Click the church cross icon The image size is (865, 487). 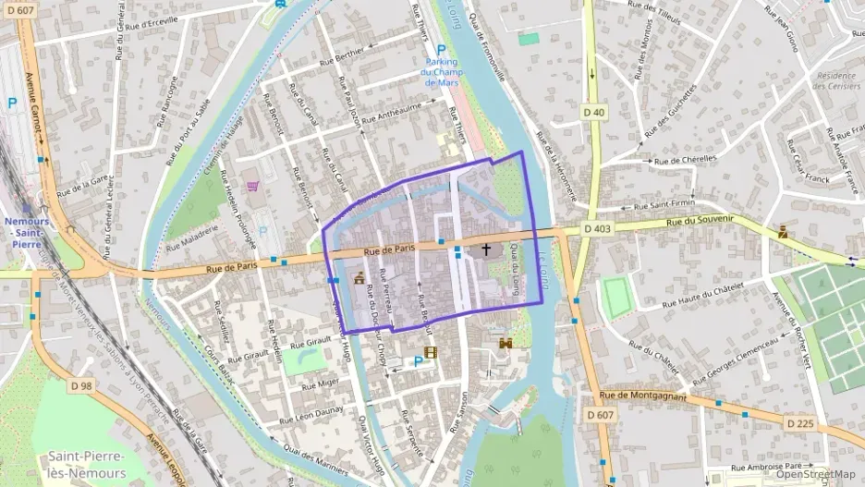[x=486, y=250]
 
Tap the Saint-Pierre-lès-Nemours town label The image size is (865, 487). [x=89, y=463]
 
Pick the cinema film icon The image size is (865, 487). [x=430, y=351]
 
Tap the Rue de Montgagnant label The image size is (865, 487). [x=643, y=396]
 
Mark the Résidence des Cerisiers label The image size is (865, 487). [x=835, y=79]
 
